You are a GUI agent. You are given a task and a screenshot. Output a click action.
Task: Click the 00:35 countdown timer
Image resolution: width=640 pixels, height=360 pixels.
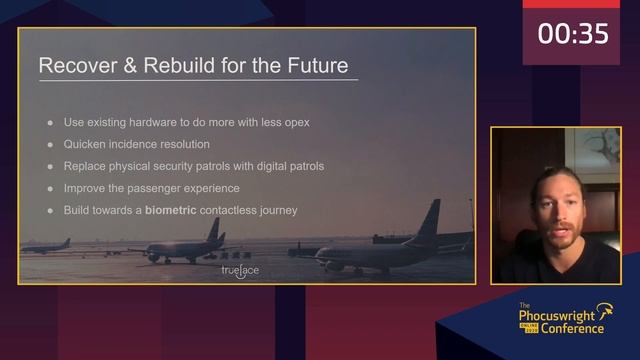(x=573, y=34)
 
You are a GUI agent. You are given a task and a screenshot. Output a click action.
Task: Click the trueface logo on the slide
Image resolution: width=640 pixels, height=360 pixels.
(x=240, y=270)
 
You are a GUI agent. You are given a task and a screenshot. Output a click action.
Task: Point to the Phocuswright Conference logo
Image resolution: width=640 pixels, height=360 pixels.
(x=565, y=320)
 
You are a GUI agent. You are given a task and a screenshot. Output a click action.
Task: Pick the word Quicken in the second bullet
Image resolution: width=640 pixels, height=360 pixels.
(x=86, y=144)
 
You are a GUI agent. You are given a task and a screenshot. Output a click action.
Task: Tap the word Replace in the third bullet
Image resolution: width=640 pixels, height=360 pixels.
(x=86, y=166)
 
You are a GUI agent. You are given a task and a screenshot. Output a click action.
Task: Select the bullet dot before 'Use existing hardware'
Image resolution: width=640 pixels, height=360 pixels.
(x=51, y=122)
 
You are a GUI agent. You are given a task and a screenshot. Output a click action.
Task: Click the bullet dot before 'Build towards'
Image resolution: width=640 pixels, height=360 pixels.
(x=51, y=210)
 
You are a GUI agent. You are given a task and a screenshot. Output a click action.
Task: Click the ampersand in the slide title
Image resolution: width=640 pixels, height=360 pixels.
(x=126, y=66)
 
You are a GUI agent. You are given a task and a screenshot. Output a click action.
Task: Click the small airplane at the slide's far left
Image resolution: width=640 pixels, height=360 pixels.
(x=46, y=245)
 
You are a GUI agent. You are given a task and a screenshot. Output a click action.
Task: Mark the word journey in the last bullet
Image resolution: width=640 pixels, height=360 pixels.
(x=276, y=210)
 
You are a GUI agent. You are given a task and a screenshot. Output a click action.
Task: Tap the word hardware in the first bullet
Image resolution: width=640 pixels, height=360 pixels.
(x=157, y=122)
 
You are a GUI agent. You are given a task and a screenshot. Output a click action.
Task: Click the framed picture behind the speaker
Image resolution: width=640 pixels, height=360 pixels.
(x=596, y=150)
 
